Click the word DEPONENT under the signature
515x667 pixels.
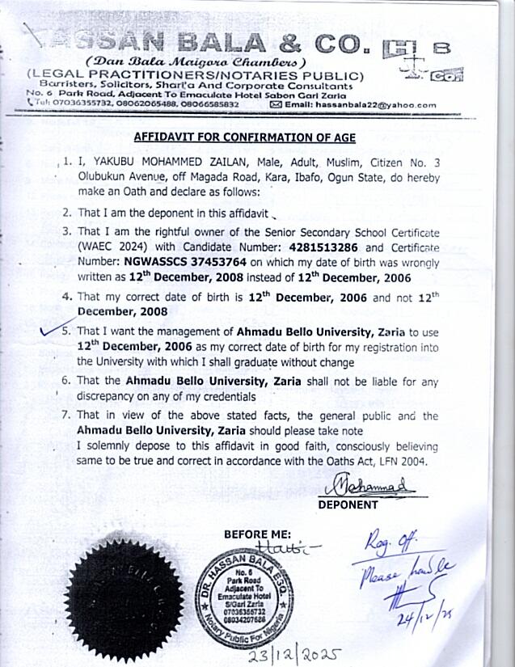pyautogui.click(x=348, y=504)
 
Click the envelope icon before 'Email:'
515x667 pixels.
pyautogui.click(x=276, y=104)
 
